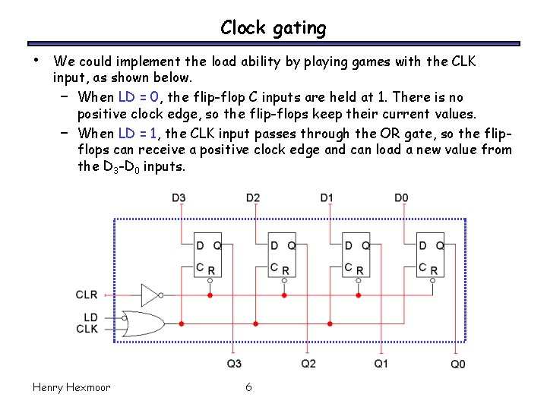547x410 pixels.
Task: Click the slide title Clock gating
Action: click(x=273, y=28)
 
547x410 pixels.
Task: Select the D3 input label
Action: click(x=179, y=198)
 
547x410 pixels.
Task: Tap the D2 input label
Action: click(x=253, y=198)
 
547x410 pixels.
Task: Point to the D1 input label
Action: click(x=327, y=198)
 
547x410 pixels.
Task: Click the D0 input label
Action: click(x=401, y=198)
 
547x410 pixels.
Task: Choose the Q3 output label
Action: click(x=234, y=364)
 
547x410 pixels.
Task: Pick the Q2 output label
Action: click(x=308, y=364)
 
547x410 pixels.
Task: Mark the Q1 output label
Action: click(x=381, y=364)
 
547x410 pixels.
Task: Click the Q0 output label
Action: click(x=457, y=364)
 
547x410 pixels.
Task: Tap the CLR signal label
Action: click(x=87, y=295)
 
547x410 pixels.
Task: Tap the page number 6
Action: click(x=248, y=387)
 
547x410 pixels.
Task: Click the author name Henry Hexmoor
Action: click(x=71, y=387)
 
